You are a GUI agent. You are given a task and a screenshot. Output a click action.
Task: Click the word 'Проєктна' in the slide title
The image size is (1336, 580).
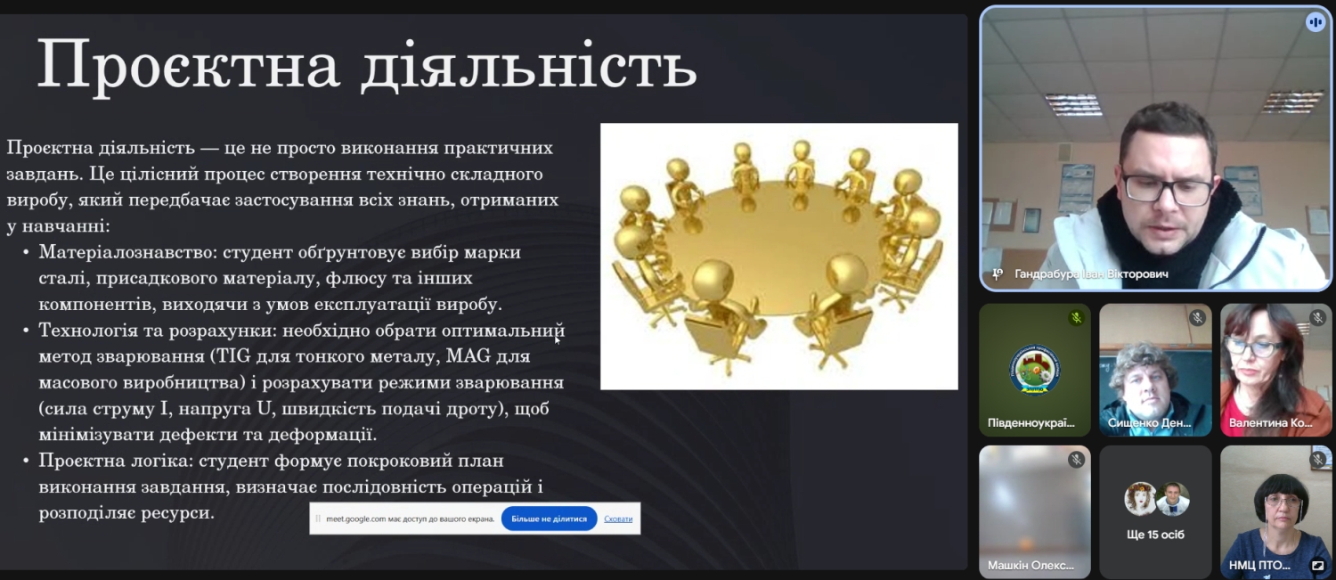tap(189, 66)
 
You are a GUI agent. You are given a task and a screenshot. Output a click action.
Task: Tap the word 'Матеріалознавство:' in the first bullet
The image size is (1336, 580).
tap(128, 252)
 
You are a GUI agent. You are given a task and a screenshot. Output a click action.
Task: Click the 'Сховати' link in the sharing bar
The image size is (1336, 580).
tap(618, 519)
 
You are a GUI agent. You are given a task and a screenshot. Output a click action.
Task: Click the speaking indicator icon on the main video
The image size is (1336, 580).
tap(1316, 22)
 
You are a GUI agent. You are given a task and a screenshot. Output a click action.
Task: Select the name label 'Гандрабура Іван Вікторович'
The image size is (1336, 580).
tap(1091, 274)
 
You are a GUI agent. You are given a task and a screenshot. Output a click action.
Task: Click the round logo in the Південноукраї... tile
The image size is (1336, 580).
tap(1034, 370)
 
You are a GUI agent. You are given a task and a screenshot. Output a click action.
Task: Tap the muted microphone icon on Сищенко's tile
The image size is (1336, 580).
tap(1197, 318)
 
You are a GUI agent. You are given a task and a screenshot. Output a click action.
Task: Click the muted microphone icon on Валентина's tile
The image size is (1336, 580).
tap(1317, 318)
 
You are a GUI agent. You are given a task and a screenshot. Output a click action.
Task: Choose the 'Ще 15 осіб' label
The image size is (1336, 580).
tap(1155, 535)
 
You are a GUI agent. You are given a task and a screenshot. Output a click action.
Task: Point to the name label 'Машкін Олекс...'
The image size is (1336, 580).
tap(1031, 565)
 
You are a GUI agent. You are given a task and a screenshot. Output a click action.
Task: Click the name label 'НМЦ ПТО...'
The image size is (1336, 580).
tap(1259, 565)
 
